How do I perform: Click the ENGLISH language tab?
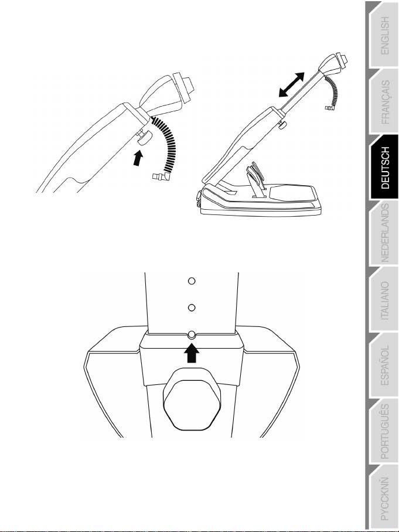tap(384, 35)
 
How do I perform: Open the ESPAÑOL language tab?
tap(384, 366)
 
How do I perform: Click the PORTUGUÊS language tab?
tap(384, 432)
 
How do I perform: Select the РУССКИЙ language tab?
tap(384, 498)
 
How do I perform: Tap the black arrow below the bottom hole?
tap(190, 353)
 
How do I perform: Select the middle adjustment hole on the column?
tap(190, 307)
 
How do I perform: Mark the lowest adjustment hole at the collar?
tap(190, 335)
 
